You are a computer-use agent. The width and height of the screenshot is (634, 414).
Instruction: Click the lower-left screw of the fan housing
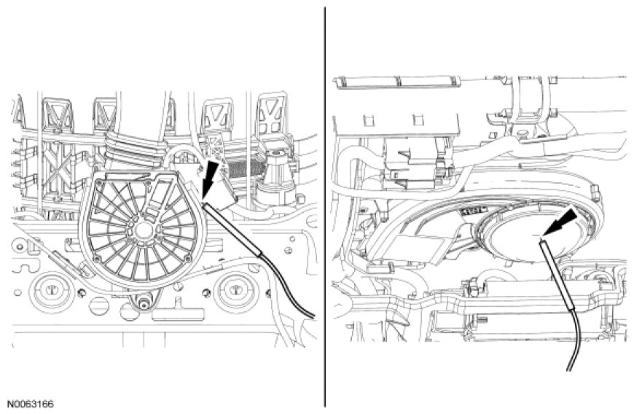(82, 292)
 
